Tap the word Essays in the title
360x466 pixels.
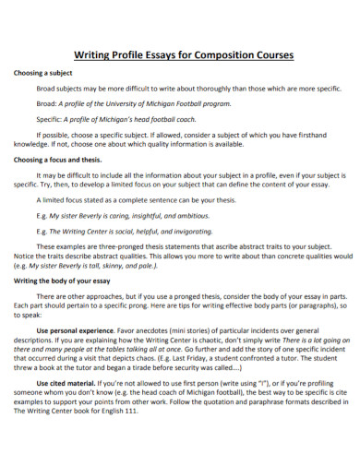point(148,54)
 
